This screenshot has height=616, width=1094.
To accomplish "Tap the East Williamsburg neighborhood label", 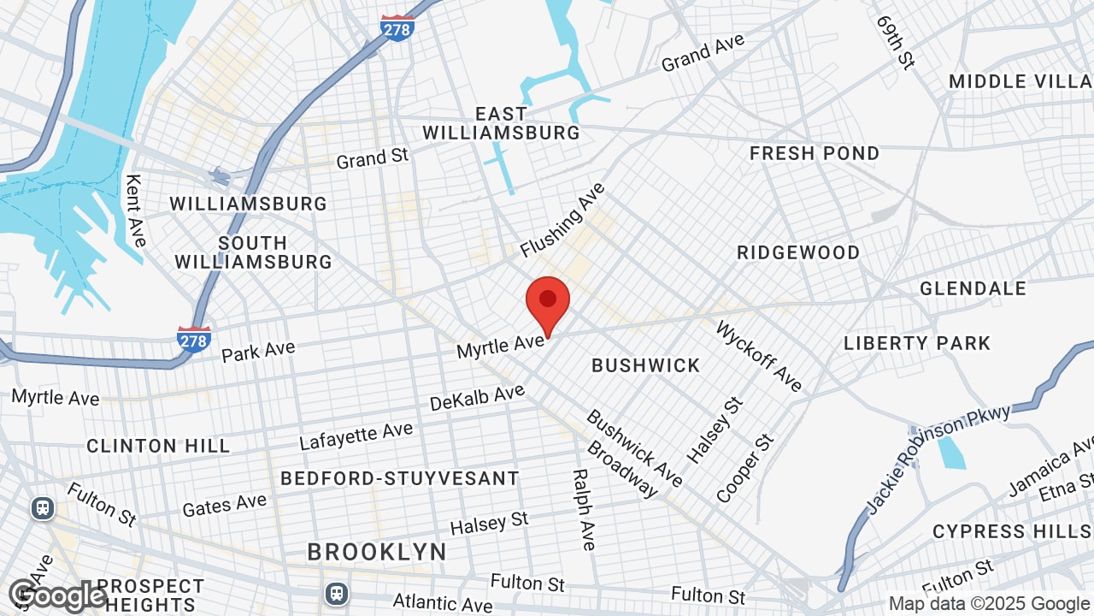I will click(x=502, y=123).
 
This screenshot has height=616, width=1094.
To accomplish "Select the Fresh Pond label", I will click(x=814, y=154).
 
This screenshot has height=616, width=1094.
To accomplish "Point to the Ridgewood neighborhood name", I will click(x=798, y=253).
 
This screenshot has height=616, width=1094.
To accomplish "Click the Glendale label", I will click(x=973, y=289).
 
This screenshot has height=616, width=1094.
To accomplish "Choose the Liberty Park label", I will click(x=917, y=344).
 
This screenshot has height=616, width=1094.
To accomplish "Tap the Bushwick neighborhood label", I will click(x=646, y=366).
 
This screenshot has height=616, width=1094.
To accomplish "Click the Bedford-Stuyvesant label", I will click(x=400, y=478).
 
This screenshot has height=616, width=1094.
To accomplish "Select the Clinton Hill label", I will click(x=158, y=446).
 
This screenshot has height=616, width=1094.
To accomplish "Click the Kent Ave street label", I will click(x=135, y=210).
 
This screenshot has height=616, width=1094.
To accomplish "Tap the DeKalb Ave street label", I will click(x=477, y=397).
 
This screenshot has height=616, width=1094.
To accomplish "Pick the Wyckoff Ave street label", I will click(x=759, y=356).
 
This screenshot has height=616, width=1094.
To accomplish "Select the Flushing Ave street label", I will click(x=562, y=220).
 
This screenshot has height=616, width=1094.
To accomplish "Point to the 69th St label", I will click(x=895, y=41).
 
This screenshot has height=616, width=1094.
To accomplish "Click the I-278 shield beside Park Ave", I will click(x=194, y=339).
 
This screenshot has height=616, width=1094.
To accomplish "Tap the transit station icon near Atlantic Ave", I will click(x=337, y=592).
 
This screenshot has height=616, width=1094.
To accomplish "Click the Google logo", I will click(x=57, y=595).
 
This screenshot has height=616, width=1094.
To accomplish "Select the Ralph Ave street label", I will click(x=584, y=509).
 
